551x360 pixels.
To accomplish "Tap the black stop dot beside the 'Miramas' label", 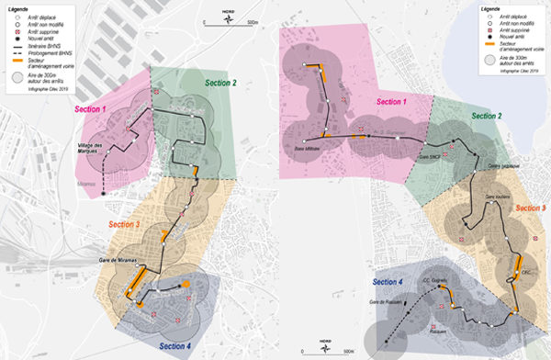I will (104, 194).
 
